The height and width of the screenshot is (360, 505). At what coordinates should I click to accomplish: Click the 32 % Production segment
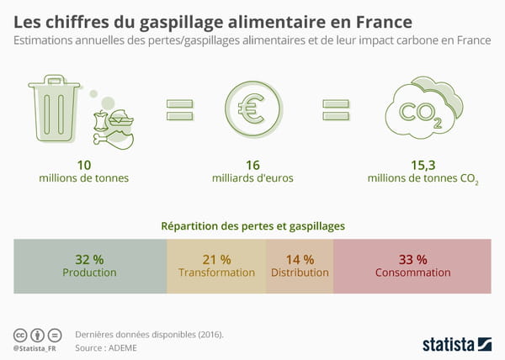pyautogui.click(x=90, y=266)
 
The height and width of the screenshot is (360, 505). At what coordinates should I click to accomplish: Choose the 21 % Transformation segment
pyautogui.click(x=216, y=266)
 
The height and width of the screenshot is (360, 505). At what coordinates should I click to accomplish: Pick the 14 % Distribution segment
pyautogui.click(x=300, y=266)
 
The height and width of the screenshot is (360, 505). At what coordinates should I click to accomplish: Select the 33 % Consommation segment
pyautogui.click(x=412, y=266)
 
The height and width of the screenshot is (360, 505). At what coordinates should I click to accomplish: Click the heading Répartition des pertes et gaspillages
pyautogui.click(x=252, y=225)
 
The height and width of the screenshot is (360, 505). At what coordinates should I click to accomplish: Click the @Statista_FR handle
pyautogui.click(x=37, y=347)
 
